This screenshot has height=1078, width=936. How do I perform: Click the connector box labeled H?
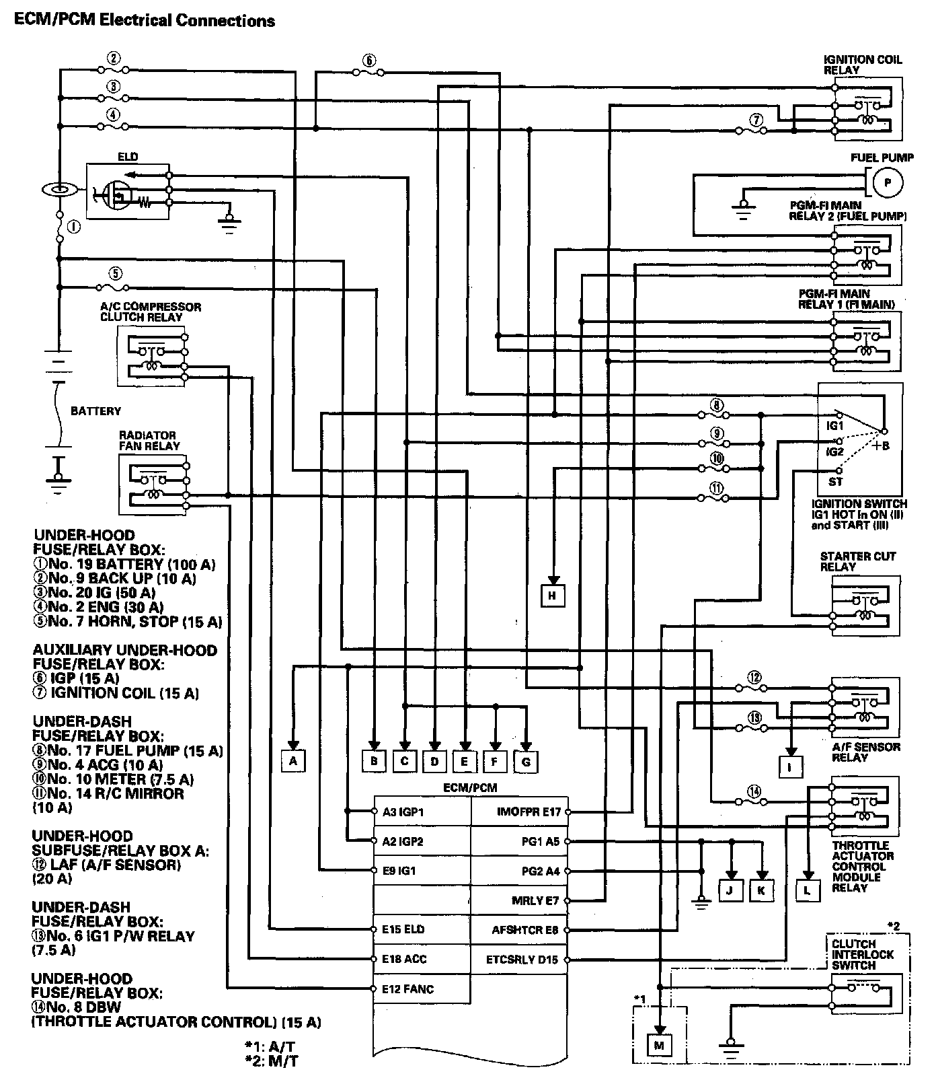pyautogui.click(x=553, y=595)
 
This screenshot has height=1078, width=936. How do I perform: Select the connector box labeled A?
pyautogui.click(x=293, y=761)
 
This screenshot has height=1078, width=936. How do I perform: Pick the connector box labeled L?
pyautogui.click(x=808, y=890)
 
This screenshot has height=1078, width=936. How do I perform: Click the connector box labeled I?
pyautogui.click(x=791, y=766)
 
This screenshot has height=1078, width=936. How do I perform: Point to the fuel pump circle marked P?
pyautogui.click(x=887, y=182)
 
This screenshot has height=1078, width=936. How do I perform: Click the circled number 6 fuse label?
pyautogui.click(x=368, y=60)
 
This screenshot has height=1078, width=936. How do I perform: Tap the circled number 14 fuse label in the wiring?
pyautogui.click(x=754, y=792)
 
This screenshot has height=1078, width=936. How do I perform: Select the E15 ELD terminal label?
pyautogui.click(x=403, y=929)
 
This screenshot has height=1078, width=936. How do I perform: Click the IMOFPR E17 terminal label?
pyautogui.click(x=529, y=812)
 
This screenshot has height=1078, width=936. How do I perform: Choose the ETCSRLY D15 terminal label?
pyautogui.click(x=522, y=960)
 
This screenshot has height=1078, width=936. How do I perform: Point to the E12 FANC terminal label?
pyautogui.click(x=408, y=989)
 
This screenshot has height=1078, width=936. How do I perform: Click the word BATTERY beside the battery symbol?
pyautogui.click(x=95, y=410)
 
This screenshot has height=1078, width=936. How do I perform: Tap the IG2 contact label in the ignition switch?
pyautogui.click(x=834, y=451)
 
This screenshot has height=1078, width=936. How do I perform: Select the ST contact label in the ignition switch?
pyautogui.click(x=835, y=482)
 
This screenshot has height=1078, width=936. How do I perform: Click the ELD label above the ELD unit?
pyautogui.click(x=128, y=157)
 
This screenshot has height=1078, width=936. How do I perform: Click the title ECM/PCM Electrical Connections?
pyautogui.click(x=145, y=20)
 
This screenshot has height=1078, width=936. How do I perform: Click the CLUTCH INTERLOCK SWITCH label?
pyautogui.click(x=863, y=954)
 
